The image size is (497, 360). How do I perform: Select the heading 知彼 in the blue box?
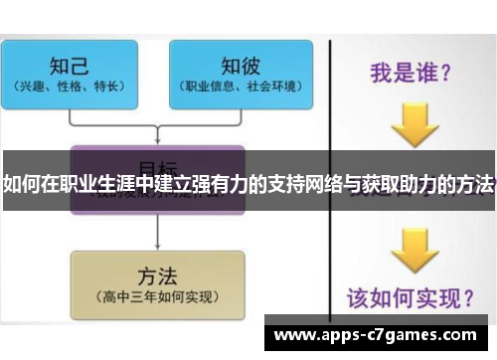point(241,65)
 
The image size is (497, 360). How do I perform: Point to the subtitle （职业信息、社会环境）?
point(241,87)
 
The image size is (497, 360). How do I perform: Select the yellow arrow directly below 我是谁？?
point(414,123)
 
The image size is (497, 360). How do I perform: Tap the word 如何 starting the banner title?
point(21,185)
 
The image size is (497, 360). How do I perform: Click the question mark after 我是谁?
point(446,72)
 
